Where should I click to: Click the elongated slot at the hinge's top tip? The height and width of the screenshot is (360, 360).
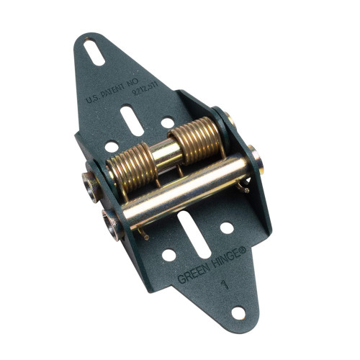[x=94, y=53]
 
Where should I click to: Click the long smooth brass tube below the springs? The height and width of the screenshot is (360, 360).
[x=187, y=189]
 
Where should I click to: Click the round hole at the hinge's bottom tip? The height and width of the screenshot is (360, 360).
[x=238, y=312]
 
